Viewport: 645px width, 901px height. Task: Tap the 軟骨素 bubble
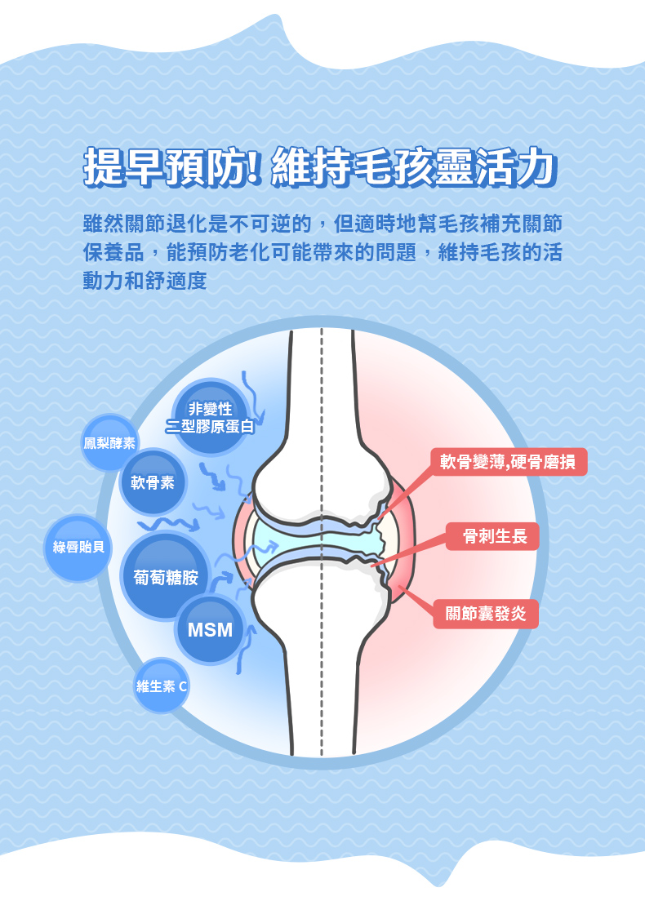(x=153, y=482)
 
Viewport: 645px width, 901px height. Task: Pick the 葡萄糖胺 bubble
(x=166, y=577)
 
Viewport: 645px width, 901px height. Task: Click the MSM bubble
(x=210, y=630)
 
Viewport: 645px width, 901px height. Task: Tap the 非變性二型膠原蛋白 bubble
(x=211, y=417)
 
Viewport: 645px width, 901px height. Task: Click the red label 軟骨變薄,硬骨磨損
(x=508, y=462)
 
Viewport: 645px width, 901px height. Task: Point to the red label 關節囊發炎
(x=485, y=614)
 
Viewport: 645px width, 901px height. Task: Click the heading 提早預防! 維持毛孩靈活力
(x=321, y=166)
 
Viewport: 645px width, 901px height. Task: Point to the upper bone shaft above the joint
(x=322, y=392)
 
